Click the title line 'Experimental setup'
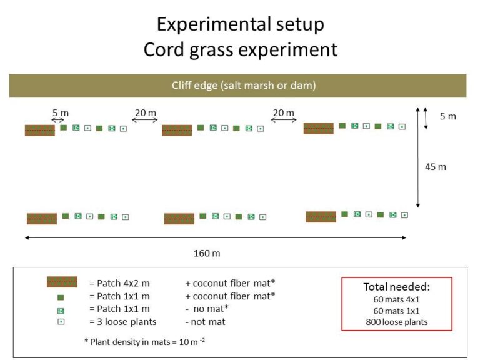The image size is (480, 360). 240,24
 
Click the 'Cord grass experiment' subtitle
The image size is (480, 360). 241,49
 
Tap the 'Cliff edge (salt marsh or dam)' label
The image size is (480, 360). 244,85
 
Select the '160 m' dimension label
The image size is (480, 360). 207,254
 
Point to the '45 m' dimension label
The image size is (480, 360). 435,167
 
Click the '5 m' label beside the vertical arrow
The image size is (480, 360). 448,116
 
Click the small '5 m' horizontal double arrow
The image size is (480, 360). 58,120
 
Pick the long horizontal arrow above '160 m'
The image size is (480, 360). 216,237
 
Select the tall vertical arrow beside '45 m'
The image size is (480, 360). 418,157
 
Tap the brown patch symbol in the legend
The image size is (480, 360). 62,282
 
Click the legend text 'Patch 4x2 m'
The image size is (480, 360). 123,283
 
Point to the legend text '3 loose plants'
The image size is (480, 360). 127,322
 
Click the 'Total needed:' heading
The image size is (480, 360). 397,287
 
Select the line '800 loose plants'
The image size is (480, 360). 397,322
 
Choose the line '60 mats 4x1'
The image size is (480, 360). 396,299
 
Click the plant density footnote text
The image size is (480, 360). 144,342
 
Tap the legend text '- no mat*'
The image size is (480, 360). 207,309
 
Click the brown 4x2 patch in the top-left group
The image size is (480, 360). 40,131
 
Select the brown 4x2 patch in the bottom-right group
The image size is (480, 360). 321,217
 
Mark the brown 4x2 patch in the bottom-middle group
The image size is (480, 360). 179,219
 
